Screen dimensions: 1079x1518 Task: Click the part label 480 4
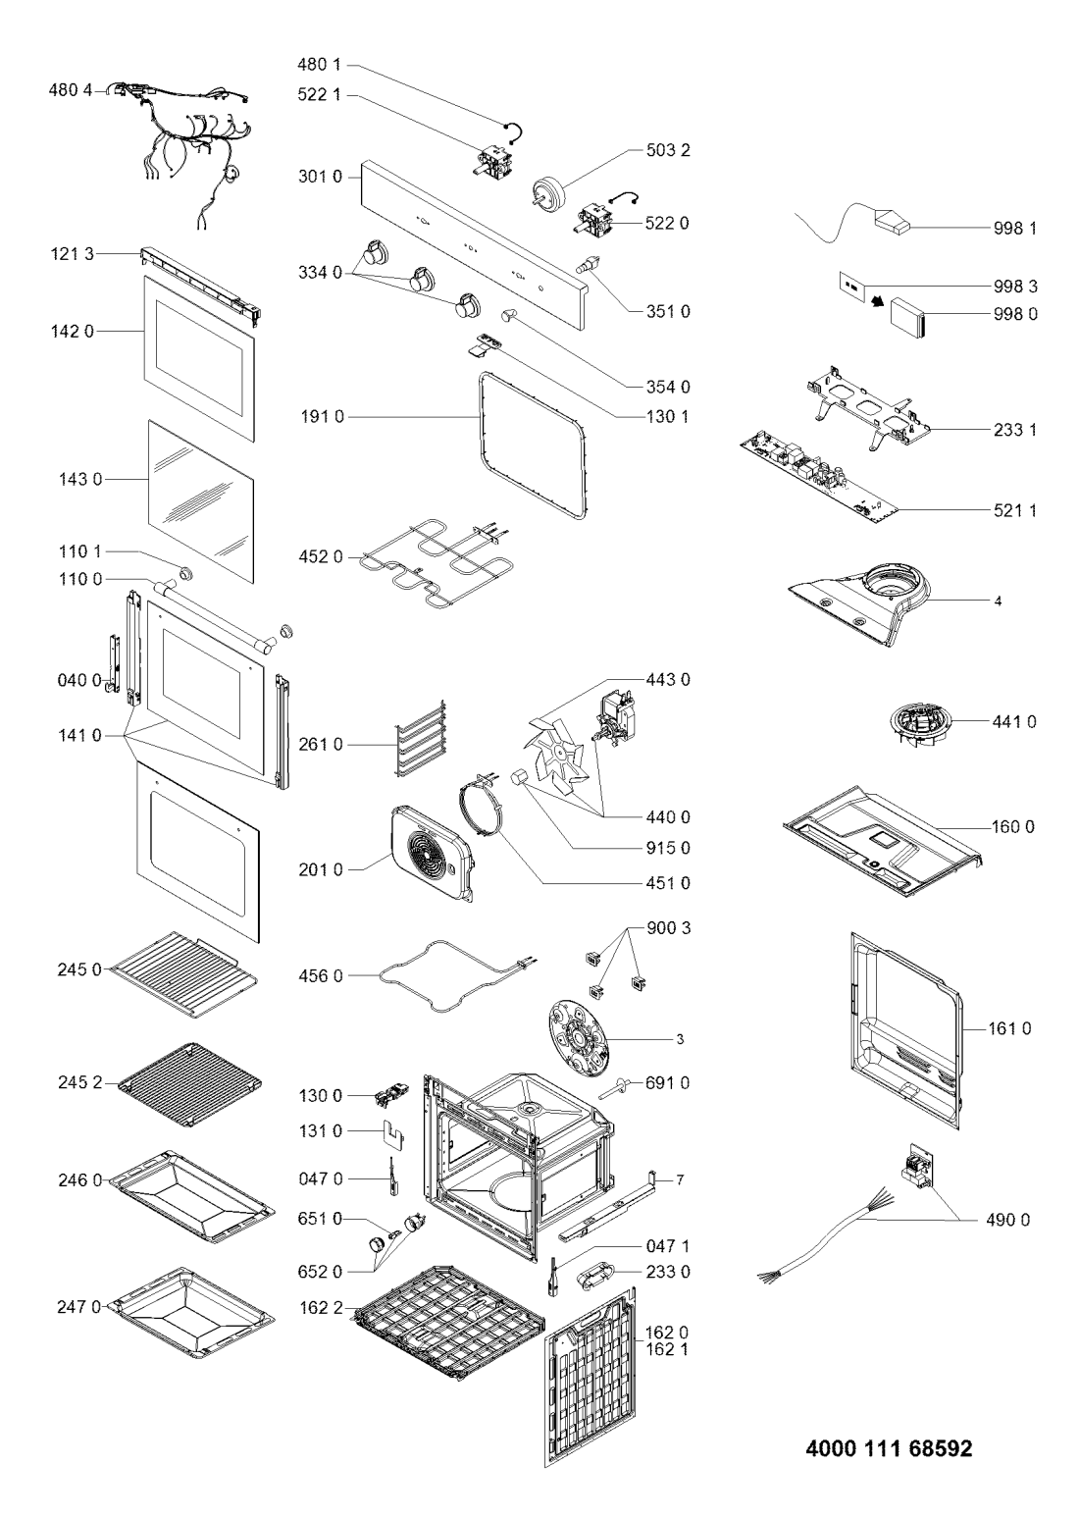point(70,90)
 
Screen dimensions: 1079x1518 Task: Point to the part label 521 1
point(1014,510)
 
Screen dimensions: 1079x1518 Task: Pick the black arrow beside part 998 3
point(879,302)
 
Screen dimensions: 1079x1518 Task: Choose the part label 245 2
point(79,1083)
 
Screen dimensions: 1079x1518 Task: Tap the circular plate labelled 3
point(577,1038)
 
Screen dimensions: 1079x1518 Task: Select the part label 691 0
point(667,1083)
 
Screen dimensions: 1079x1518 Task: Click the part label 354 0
point(668,387)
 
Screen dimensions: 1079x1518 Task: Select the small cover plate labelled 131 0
point(391,1132)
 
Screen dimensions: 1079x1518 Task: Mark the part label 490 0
point(1007,1220)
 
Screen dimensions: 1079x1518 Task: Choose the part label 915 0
point(668,848)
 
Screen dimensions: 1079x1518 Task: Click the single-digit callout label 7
point(680,1179)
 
